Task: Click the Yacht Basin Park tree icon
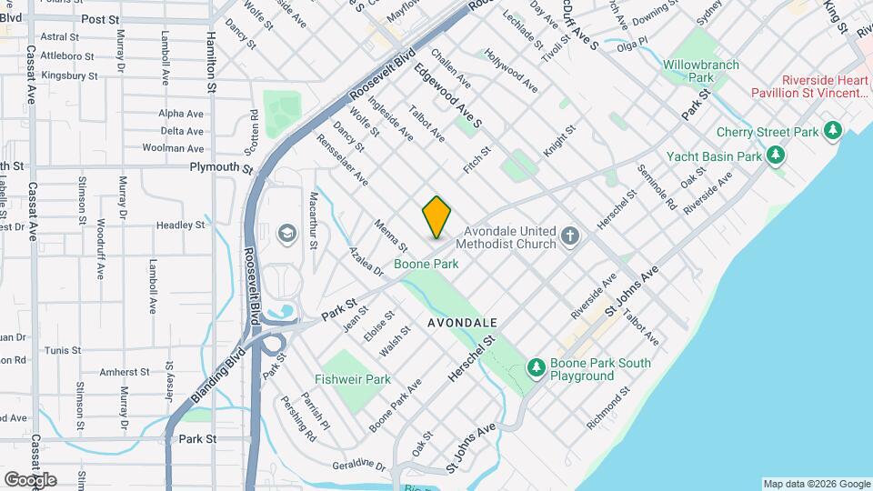click(775, 155)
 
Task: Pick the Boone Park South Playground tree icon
click(537, 367)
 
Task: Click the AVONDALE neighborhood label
click(463, 323)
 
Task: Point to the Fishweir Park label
click(353, 379)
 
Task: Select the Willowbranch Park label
click(701, 72)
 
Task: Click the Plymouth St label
click(221, 167)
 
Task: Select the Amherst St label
click(124, 372)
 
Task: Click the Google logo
click(29, 479)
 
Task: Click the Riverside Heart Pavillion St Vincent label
click(811, 85)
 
